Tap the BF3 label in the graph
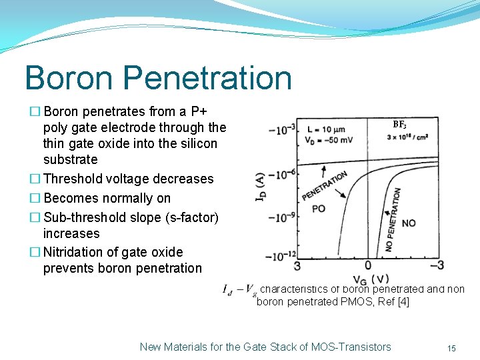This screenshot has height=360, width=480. (x=399, y=125)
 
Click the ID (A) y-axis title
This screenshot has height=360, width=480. (x=260, y=188)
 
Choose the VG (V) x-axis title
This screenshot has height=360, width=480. (x=371, y=279)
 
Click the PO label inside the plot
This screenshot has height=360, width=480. (x=319, y=209)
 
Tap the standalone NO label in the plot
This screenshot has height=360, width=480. (x=408, y=223)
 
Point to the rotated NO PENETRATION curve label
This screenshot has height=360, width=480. (x=392, y=220)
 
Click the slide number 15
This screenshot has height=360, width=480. (x=451, y=348)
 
